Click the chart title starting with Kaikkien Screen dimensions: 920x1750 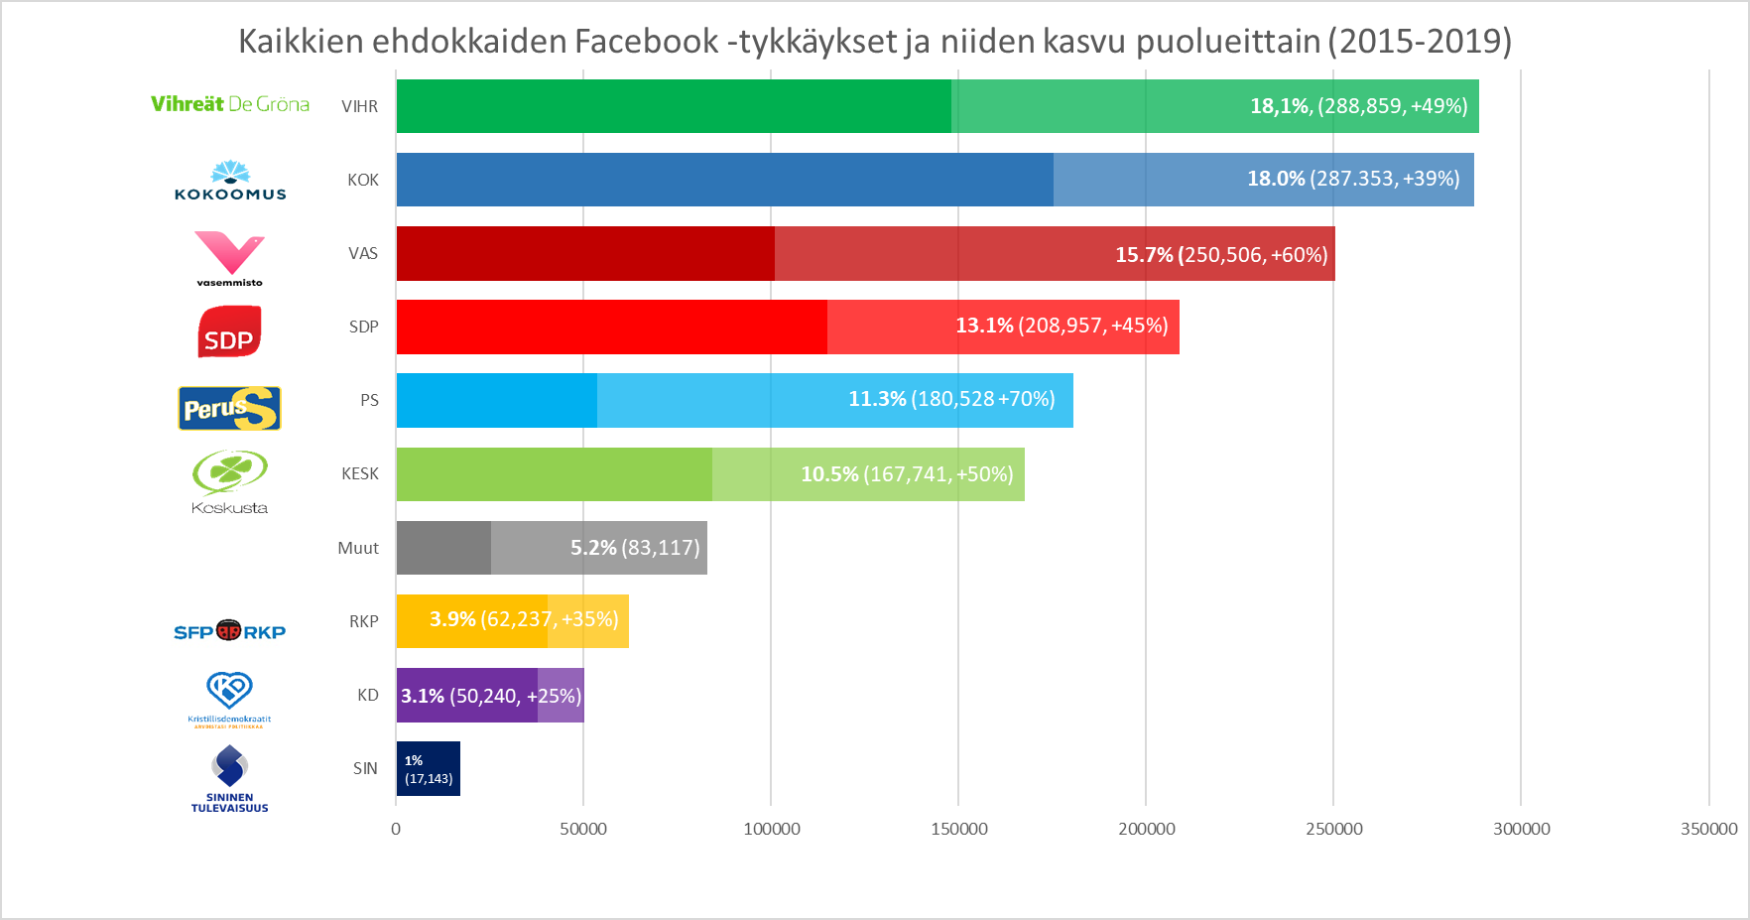[x=874, y=41]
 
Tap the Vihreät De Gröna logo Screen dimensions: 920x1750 [x=230, y=104]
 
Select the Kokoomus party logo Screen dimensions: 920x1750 [x=230, y=181]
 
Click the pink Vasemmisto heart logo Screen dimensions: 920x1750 [x=229, y=256]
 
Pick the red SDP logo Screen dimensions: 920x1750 [x=229, y=331]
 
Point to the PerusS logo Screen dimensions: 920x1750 [x=229, y=408]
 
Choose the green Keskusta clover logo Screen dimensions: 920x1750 [x=229, y=479]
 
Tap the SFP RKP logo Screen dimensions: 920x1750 [x=229, y=631]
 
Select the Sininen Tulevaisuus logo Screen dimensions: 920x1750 [x=229, y=777]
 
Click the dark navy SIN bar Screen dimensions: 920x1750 [x=429, y=768]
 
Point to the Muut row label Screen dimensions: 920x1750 [x=358, y=548]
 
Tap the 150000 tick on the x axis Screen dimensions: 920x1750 [x=958, y=829]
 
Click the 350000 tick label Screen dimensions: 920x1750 [x=1708, y=829]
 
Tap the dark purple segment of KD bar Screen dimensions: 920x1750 [x=466, y=695]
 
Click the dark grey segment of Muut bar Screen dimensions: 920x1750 [x=443, y=548]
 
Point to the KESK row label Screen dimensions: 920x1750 [x=360, y=474]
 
